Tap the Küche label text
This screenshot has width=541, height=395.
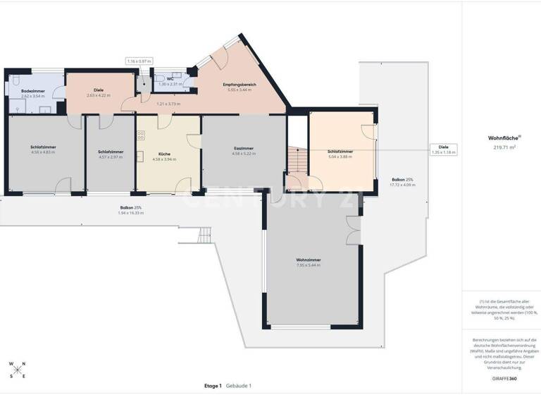[164, 153]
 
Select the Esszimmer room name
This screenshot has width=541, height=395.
[244, 148]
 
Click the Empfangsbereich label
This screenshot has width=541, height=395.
[242, 85]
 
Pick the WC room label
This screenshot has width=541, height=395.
[170, 79]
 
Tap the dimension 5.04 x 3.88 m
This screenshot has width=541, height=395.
[340, 157]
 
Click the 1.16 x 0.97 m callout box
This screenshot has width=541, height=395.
[139, 61]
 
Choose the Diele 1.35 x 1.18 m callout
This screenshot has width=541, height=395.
[444, 150]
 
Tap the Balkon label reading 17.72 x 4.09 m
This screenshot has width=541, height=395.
[404, 185]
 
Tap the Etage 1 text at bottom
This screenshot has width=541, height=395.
[213, 386]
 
